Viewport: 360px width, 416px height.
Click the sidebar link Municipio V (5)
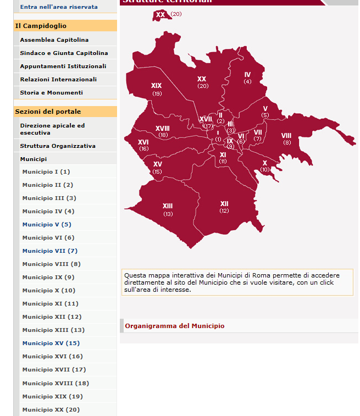pyautogui.click(x=47, y=224)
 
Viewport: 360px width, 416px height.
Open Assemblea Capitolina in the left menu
pyautogui.click(x=54, y=40)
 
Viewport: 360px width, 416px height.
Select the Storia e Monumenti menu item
pyautogui.click(x=51, y=92)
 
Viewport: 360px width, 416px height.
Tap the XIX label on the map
pyautogui.click(x=157, y=86)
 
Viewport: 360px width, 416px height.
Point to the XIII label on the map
pyautogui.click(x=168, y=206)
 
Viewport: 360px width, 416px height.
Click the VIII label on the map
pyautogui.click(x=286, y=136)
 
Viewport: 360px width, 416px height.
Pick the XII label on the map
pyautogui.click(x=224, y=204)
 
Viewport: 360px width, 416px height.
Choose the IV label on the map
pyautogui.click(x=247, y=75)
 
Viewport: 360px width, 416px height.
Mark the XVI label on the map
pyautogui.click(x=143, y=142)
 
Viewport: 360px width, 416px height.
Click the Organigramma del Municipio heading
pyautogui.click(x=174, y=326)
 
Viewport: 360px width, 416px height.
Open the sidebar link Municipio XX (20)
pyautogui.click(x=51, y=409)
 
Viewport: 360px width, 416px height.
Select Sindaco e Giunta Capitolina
pyautogui.click(x=64, y=53)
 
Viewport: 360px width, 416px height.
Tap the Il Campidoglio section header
pyautogui.click(x=41, y=26)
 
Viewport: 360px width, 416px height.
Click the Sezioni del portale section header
pyautogui.click(x=48, y=112)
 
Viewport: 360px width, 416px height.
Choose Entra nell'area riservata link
pyautogui.click(x=59, y=7)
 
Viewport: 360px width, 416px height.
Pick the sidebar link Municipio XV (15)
pyautogui.click(x=51, y=343)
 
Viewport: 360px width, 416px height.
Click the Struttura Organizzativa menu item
pyautogui.click(x=58, y=146)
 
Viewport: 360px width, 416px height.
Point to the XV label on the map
pyautogui.click(x=158, y=164)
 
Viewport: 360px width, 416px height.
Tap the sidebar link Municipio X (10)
pyautogui.click(x=48, y=290)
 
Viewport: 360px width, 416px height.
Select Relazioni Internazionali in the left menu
pyautogui.click(x=58, y=79)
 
